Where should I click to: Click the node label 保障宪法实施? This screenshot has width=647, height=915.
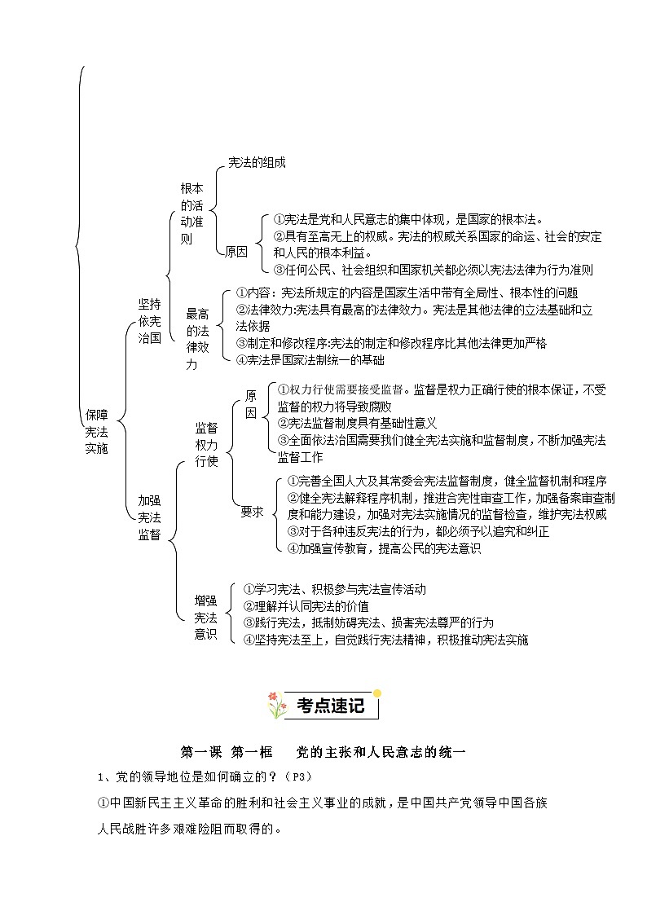(96, 432)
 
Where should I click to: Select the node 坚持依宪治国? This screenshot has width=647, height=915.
(149, 320)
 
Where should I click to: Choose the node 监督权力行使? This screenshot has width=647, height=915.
(206, 443)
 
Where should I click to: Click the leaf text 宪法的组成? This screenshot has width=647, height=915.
(257, 162)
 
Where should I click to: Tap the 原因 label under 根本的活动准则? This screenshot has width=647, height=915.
(236, 252)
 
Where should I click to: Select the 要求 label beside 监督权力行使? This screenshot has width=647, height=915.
(252, 512)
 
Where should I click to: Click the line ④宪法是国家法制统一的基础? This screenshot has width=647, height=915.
(310, 359)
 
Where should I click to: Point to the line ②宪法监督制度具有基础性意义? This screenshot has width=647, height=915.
(357, 422)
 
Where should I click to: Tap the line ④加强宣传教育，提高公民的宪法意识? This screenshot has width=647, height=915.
(384, 548)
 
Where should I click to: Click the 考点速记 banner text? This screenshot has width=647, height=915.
(330, 706)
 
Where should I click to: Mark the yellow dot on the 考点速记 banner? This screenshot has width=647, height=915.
(376, 693)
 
